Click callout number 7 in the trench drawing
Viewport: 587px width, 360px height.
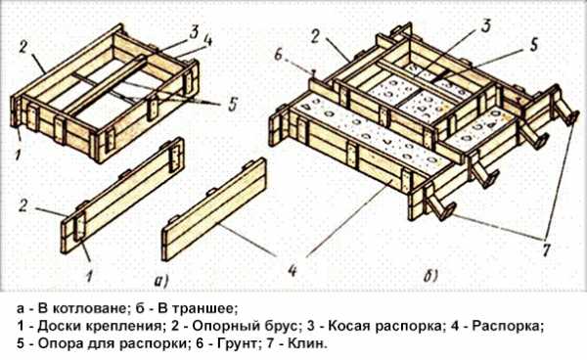[x=547, y=248]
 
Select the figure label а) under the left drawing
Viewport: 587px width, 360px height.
[x=162, y=281]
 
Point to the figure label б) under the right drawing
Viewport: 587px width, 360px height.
[x=430, y=277]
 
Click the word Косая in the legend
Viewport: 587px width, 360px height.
[x=349, y=327]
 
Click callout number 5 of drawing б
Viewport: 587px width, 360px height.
[x=534, y=45]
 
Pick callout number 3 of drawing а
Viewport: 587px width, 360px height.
[x=194, y=32]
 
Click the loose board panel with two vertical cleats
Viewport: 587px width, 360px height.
[x=123, y=196]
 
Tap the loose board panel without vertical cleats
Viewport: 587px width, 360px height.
[x=213, y=209]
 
